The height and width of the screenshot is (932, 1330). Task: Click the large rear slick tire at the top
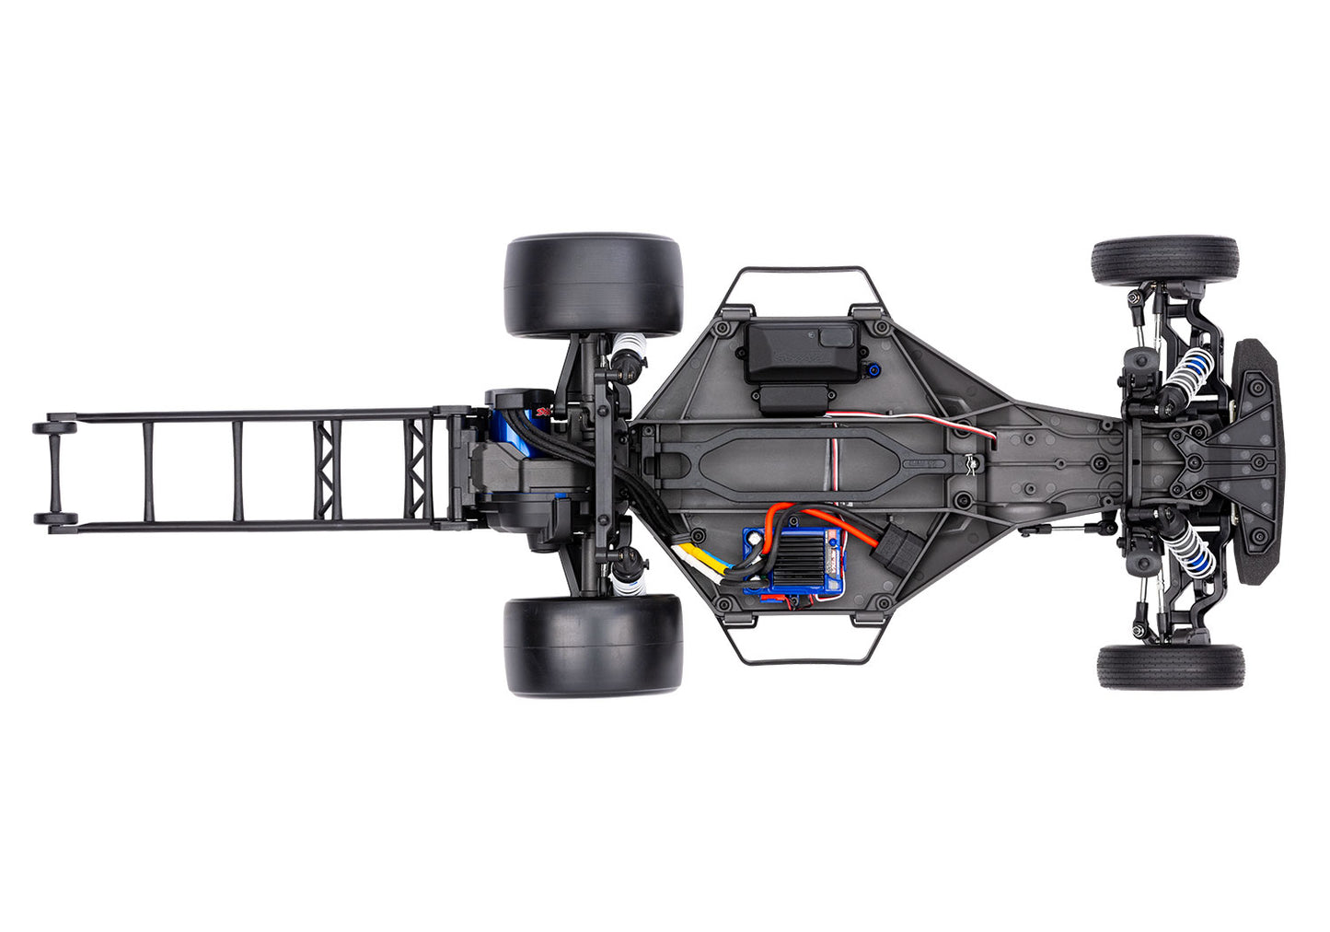pos(593,285)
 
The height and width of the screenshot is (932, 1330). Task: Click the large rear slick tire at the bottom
pos(593,645)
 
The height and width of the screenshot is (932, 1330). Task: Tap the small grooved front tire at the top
pos(1164,261)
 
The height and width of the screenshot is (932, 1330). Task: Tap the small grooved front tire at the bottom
pos(1170,667)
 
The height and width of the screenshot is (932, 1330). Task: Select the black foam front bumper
pos(1257,461)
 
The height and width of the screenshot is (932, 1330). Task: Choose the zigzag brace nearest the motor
pos(421,470)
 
